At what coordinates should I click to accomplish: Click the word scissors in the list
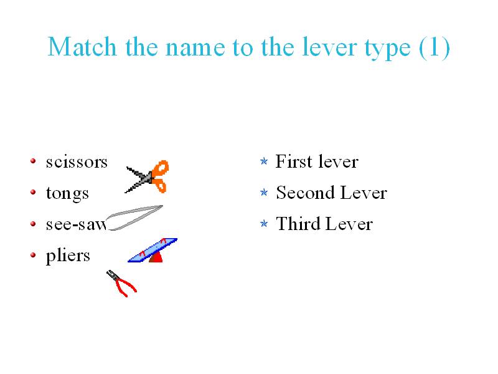pyautogui.click(x=77, y=162)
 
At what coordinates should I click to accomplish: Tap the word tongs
pyautogui.click(x=67, y=193)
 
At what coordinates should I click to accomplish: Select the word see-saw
pyautogui.click(x=76, y=224)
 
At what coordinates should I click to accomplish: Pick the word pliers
pyautogui.click(x=68, y=256)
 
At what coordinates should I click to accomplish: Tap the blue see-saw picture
pyautogui.click(x=153, y=250)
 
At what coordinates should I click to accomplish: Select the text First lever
pyautogui.click(x=317, y=161)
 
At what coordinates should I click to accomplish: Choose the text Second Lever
pyautogui.click(x=332, y=193)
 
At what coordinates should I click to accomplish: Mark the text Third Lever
pyautogui.click(x=324, y=224)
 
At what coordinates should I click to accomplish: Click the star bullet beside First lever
pyautogui.click(x=264, y=161)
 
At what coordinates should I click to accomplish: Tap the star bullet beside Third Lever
pyautogui.click(x=264, y=224)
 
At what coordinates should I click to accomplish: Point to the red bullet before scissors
pyautogui.click(x=33, y=161)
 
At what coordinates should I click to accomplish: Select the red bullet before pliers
pyautogui.click(x=33, y=255)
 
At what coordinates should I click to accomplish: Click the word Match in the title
pyautogui.click(x=82, y=47)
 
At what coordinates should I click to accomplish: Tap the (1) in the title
pyautogui.click(x=435, y=48)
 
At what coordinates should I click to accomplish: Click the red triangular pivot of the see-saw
pyautogui.click(x=156, y=256)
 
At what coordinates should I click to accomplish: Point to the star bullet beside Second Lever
pyautogui.click(x=264, y=193)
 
